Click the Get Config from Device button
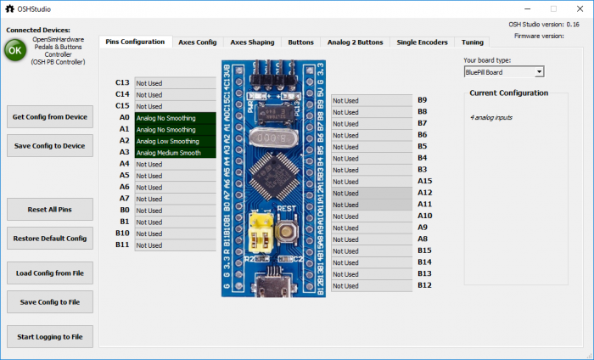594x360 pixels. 49,117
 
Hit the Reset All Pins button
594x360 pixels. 49,209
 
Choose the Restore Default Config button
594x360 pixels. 49,239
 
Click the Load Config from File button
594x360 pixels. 49,273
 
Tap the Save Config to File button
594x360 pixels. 49,301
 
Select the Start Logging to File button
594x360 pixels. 49,337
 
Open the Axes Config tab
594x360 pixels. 197,42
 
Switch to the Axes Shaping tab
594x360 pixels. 252,42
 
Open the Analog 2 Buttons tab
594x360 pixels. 355,42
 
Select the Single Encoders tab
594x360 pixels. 423,42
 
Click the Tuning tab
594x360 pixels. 473,42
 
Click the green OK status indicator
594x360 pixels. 14,50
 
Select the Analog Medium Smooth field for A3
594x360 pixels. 175,153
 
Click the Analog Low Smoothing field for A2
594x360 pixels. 175,141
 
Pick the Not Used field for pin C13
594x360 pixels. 175,83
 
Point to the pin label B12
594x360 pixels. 424,285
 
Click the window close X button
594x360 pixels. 576,8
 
